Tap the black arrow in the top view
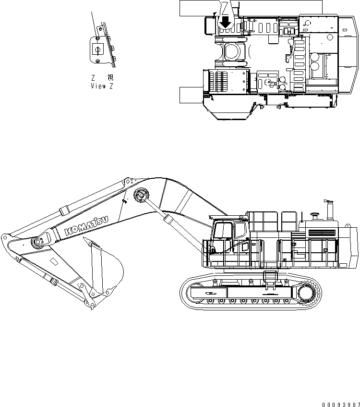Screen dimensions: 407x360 coord(225,21)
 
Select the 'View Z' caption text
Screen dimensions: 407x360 coord(102,86)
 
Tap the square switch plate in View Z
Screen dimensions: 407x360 coord(96,49)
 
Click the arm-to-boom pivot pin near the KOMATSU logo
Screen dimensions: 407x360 coord(36,242)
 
